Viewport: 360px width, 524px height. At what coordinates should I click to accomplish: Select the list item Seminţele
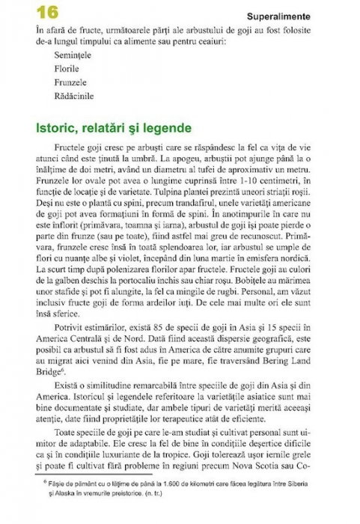tap(71, 55)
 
